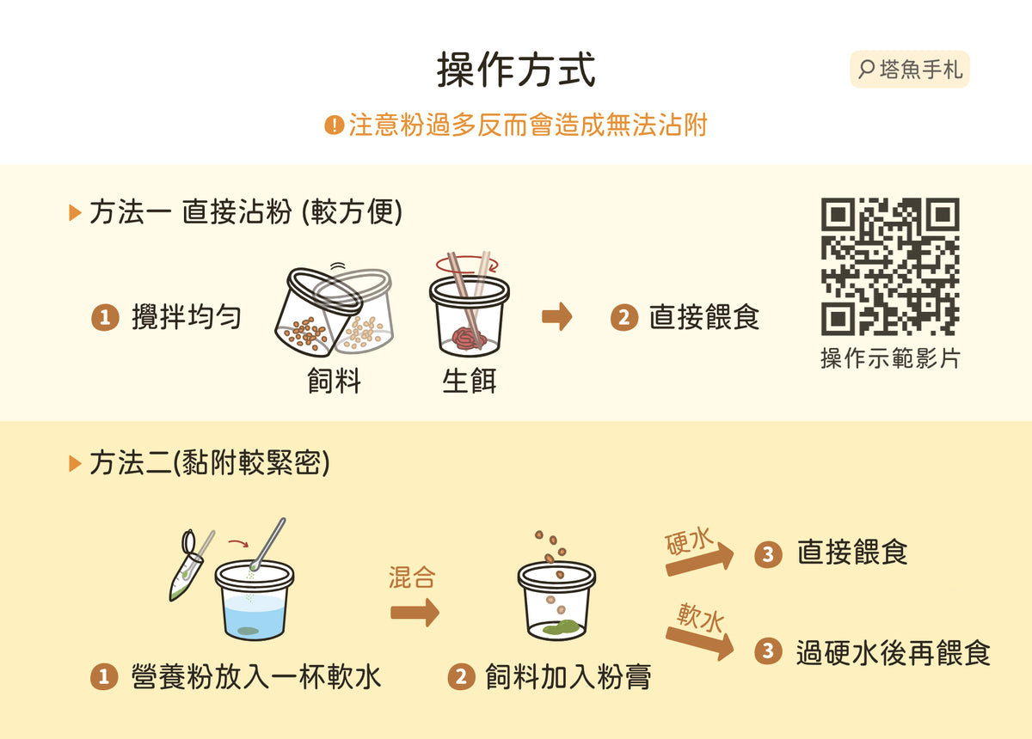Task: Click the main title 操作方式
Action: click(x=516, y=70)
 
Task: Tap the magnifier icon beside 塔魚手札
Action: click(x=866, y=70)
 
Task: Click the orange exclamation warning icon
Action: click(x=335, y=125)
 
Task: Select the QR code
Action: click(x=890, y=266)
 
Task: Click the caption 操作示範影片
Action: click(x=890, y=358)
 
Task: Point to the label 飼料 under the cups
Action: click(x=334, y=381)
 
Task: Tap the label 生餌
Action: click(x=469, y=381)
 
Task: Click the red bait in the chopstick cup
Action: click(x=469, y=339)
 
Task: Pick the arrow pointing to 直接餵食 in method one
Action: click(x=557, y=317)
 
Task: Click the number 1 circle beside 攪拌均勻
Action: click(x=105, y=317)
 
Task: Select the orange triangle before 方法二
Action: click(x=75, y=464)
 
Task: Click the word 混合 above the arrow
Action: click(x=412, y=577)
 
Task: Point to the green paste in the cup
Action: click(x=561, y=627)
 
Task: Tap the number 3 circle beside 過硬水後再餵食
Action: click(x=768, y=651)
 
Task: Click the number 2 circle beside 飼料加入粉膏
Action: click(x=462, y=677)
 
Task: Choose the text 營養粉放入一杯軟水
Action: click(x=256, y=677)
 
